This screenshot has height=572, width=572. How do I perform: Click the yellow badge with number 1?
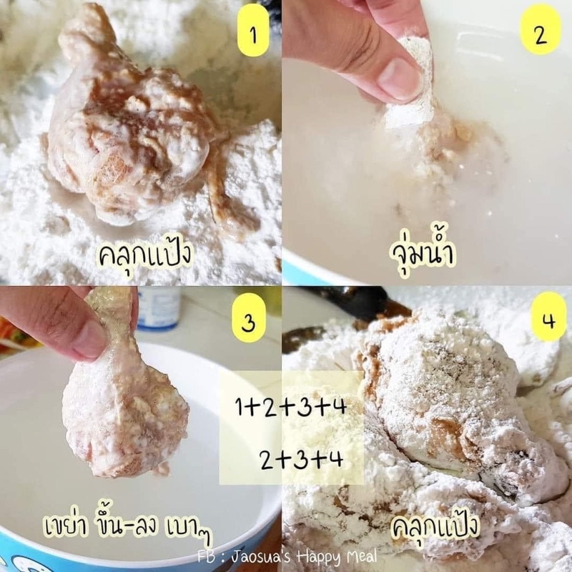(x=254, y=30)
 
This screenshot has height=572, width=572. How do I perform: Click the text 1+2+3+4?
(x=291, y=407)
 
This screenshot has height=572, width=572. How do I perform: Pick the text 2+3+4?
(x=302, y=459)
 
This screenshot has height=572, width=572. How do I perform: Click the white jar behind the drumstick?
(x=159, y=308)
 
